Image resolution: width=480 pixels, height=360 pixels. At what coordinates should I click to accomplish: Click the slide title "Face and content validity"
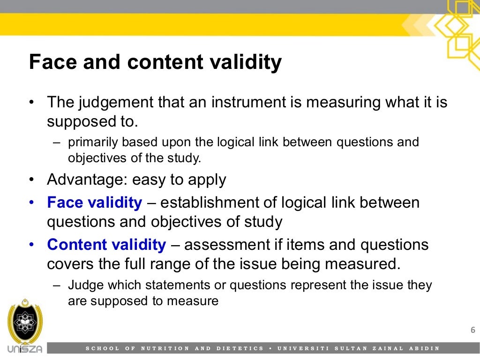(x=156, y=62)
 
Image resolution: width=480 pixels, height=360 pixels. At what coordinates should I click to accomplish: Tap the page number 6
(x=472, y=330)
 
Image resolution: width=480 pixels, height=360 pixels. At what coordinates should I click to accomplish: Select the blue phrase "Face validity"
(x=94, y=203)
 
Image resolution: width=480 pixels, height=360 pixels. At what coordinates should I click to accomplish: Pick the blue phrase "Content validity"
(x=106, y=245)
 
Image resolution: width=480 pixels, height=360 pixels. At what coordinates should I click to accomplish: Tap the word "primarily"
(x=89, y=142)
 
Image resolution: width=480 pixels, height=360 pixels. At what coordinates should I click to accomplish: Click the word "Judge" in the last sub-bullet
(x=81, y=285)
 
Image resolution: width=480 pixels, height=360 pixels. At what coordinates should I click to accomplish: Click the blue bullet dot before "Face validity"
(x=32, y=203)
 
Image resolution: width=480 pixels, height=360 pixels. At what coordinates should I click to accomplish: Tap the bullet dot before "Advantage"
(x=32, y=180)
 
